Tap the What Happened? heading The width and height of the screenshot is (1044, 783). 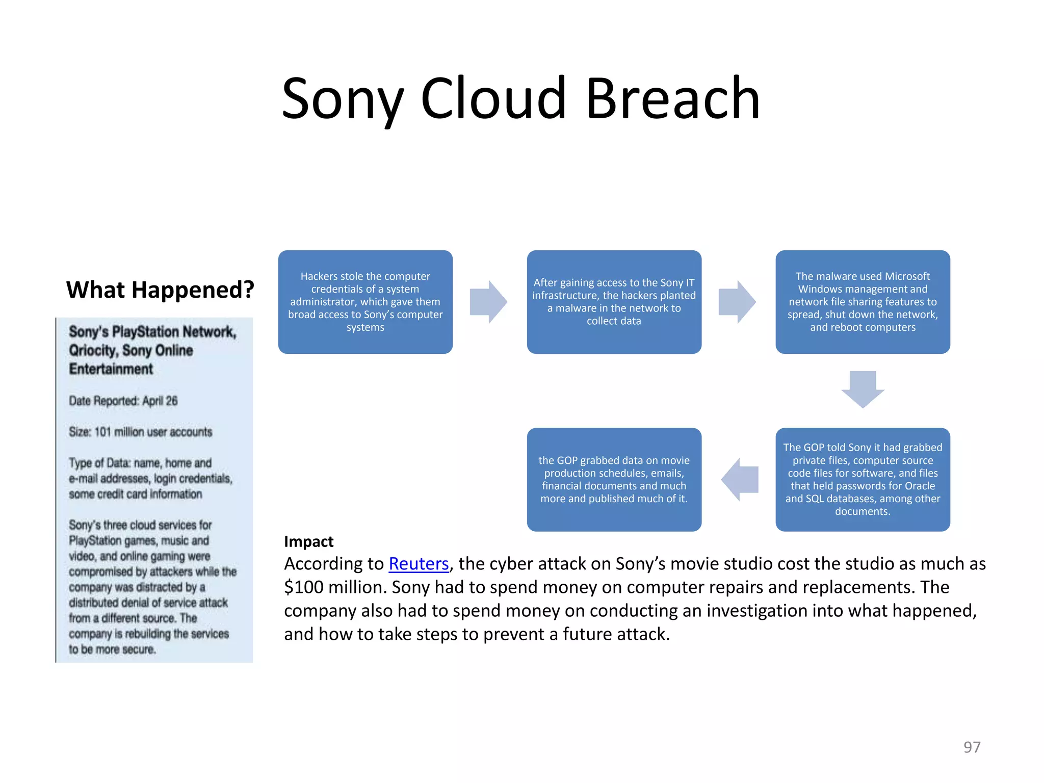click(160, 290)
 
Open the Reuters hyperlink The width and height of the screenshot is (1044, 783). click(419, 564)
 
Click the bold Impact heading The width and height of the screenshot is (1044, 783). click(308, 541)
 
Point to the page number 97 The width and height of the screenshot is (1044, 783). click(972, 747)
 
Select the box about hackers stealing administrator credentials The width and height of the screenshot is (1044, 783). click(365, 302)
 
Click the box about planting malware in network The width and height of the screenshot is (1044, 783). click(614, 302)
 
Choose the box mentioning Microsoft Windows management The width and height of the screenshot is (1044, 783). click(863, 302)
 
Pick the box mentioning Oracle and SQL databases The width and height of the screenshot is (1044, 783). click(863, 479)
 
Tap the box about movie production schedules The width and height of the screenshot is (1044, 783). click(614, 479)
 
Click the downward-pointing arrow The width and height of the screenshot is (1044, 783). click(863, 389)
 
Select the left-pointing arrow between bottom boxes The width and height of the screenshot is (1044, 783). click(740, 480)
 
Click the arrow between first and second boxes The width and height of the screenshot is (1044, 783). click(488, 302)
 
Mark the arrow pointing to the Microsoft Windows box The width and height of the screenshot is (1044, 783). click(737, 302)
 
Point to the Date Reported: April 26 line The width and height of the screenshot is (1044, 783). click(123, 401)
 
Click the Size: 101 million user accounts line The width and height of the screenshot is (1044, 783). click(140, 432)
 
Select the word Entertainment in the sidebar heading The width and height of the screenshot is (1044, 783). click(111, 369)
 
